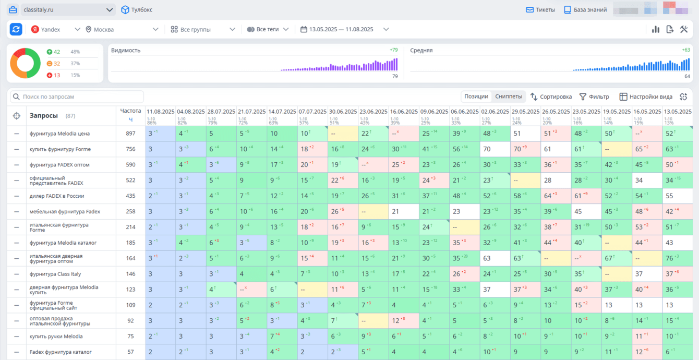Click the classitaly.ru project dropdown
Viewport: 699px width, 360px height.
(68, 10)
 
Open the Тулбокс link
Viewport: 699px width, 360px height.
(137, 10)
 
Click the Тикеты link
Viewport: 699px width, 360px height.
(540, 10)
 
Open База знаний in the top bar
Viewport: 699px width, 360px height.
(585, 10)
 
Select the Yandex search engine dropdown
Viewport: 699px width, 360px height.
(55, 30)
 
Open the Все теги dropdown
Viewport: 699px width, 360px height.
(268, 30)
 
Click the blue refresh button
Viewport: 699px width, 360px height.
(16, 30)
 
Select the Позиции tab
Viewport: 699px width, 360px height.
(476, 97)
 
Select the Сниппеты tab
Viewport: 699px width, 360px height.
(509, 97)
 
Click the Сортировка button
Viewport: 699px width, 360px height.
(551, 97)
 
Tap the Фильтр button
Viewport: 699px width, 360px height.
(594, 97)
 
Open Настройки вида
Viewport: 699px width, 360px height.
(646, 97)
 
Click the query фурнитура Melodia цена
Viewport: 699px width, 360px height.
(60, 134)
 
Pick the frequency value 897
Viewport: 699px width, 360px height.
(130, 134)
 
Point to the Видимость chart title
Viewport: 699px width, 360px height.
(126, 51)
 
